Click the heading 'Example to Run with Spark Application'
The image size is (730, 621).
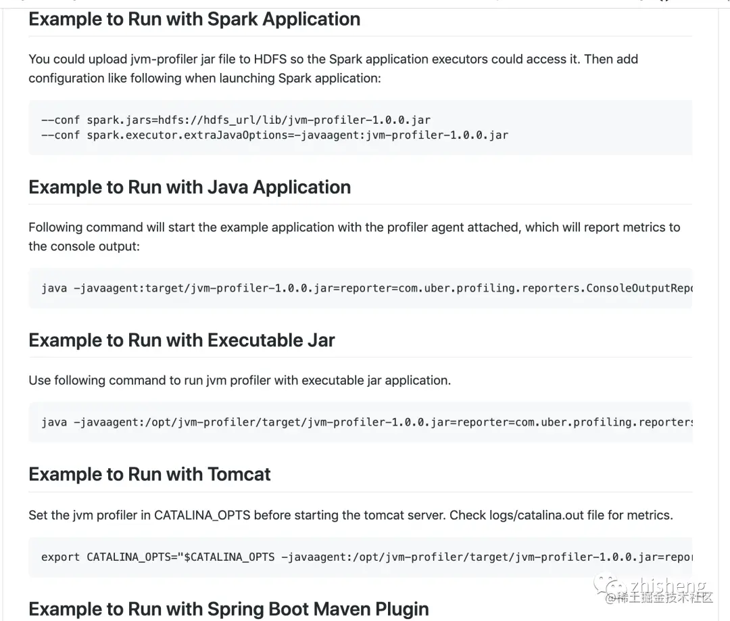194,19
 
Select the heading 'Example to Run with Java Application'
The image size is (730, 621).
189,187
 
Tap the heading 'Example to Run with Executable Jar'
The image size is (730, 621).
181,340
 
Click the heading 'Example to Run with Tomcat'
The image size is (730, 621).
149,474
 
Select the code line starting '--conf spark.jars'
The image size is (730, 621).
236,120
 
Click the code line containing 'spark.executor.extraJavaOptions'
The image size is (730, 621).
274,135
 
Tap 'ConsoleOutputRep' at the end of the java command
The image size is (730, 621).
639,288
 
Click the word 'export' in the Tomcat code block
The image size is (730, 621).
60,557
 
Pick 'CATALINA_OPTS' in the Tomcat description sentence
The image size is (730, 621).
202,515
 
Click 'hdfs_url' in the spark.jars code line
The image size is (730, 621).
219,120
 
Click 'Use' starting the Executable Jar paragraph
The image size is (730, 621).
39,380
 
